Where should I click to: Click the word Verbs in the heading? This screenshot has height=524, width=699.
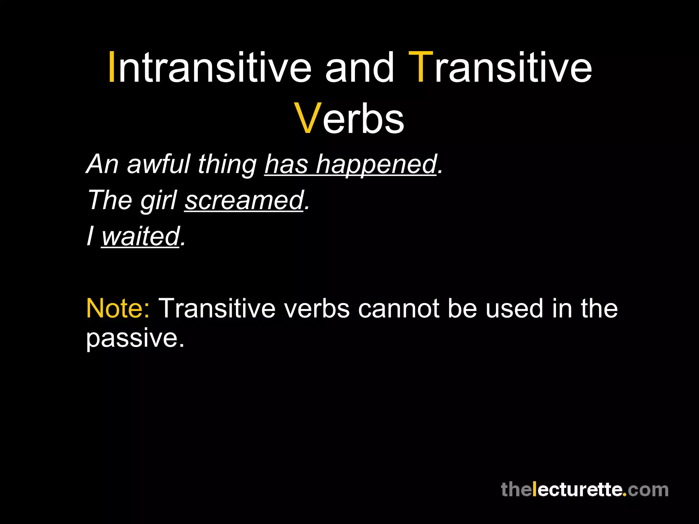point(349,119)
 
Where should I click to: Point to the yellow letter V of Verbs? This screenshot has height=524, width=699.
point(308,118)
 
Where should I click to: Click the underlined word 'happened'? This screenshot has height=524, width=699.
point(376,165)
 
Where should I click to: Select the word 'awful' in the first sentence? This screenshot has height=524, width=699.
point(159,164)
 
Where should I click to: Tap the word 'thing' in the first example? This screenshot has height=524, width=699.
point(227,165)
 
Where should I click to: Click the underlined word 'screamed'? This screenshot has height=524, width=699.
point(244,201)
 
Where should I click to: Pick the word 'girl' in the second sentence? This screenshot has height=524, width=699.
point(158,201)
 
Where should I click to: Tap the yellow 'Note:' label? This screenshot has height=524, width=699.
point(118,308)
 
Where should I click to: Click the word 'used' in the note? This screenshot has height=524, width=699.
point(514,308)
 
